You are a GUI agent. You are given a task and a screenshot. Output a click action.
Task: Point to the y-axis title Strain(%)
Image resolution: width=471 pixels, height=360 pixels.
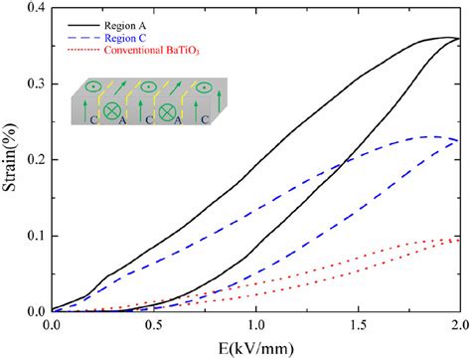[x=11, y=159]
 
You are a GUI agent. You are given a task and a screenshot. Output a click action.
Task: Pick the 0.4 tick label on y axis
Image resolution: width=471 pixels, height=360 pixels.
[x=34, y=9]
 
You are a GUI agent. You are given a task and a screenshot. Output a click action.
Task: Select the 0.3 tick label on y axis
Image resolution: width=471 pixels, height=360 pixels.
[x=34, y=85]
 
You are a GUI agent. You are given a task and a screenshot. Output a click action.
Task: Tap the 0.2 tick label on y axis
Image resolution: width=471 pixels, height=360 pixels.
[x=34, y=160]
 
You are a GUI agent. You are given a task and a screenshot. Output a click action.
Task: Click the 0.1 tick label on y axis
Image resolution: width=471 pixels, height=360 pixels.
[x=34, y=236]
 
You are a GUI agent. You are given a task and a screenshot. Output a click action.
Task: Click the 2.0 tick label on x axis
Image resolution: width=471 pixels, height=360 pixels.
[x=459, y=324]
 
